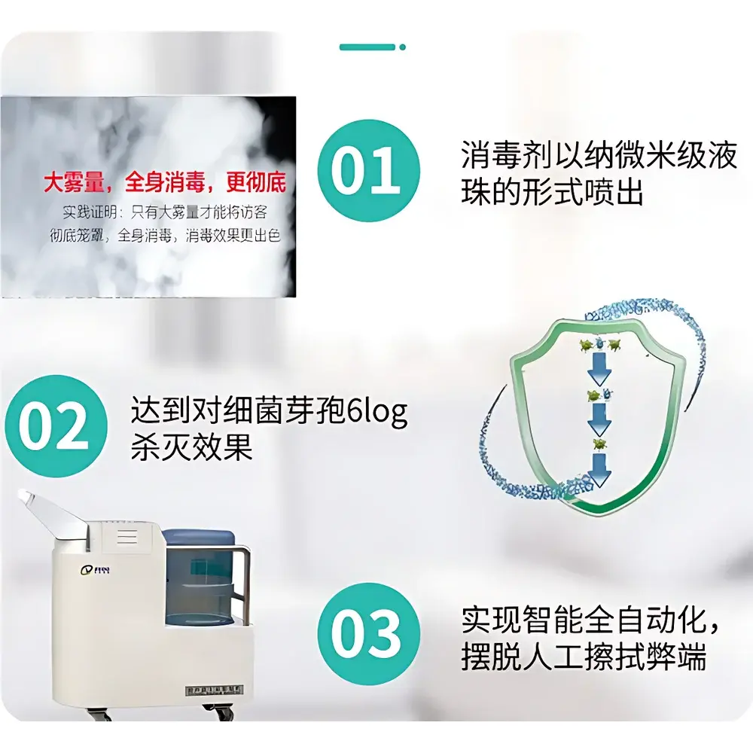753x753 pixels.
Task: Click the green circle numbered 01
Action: pyautogui.click(x=367, y=171)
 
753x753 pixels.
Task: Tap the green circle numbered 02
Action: pyautogui.click(x=53, y=426)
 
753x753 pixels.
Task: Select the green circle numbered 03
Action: pyautogui.click(x=367, y=633)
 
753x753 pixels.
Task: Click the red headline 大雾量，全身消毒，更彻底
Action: pyautogui.click(x=164, y=184)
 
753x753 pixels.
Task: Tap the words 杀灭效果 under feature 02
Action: pyautogui.click(x=191, y=449)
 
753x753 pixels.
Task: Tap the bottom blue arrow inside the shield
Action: pyautogui.click(x=601, y=471)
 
